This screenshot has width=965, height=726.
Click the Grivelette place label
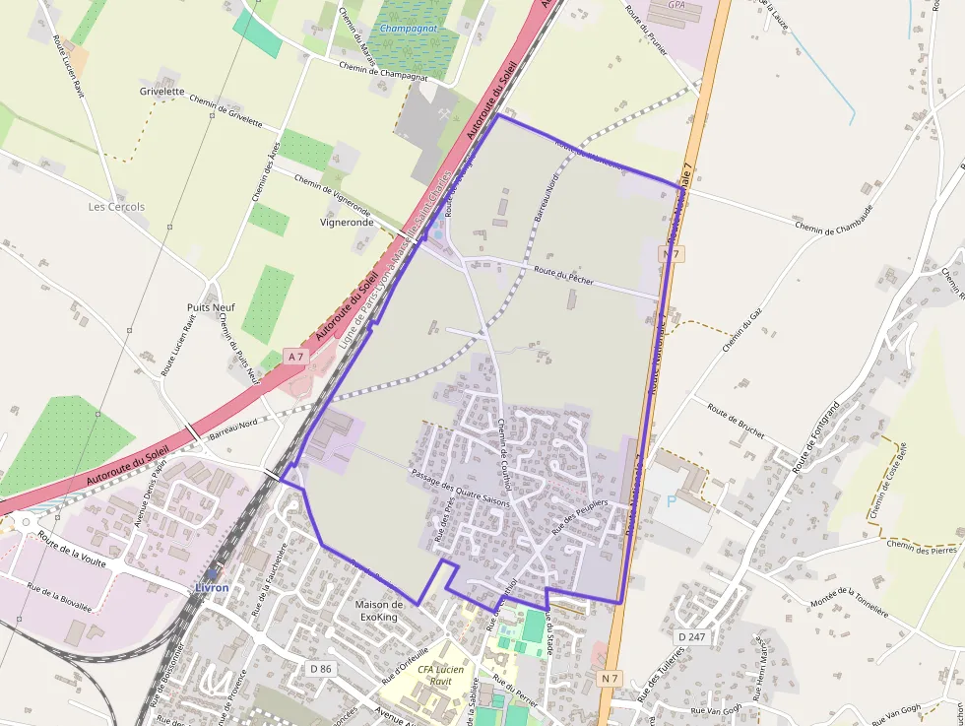[x=161, y=92]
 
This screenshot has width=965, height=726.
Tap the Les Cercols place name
[x=116, y=207]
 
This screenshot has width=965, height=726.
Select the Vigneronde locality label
[x=347, y=223]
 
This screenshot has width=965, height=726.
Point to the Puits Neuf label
[x=211, y=307]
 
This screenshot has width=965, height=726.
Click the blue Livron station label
[x=212, y=588]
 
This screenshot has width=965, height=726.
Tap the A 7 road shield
[x=295, y=355]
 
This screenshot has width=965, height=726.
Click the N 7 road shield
[x=611, y=678]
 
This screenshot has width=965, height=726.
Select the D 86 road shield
[x=321, y=669]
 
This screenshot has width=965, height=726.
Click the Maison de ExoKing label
[x=379, y=610]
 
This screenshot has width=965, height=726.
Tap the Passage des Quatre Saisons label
[x=460, y=491]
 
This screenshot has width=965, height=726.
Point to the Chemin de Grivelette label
[x=225, y=111]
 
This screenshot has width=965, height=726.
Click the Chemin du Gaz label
[x=742, y=328]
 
